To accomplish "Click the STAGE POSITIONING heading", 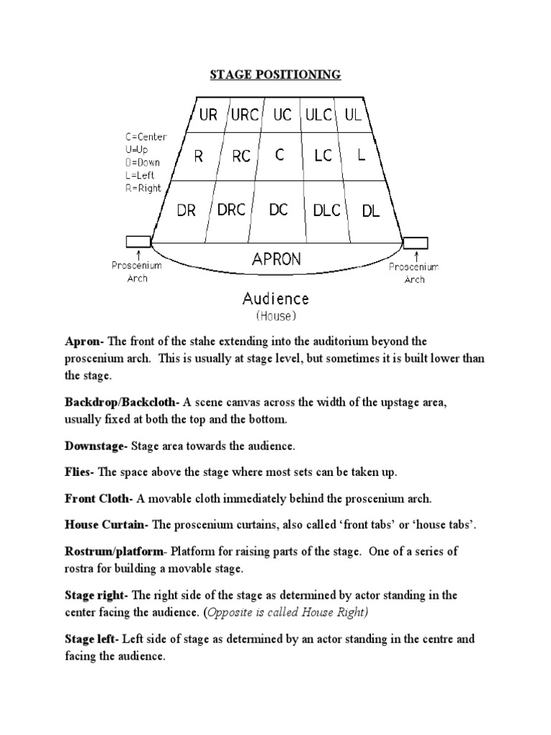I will [x=275, y=75].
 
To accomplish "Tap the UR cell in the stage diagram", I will [x=208, y=115].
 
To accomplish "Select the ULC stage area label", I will [x=318, y=115].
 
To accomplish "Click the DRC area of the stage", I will [x=231, y=210].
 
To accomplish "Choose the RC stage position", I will [x=241, y=156].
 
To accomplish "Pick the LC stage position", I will [x=323, y=156].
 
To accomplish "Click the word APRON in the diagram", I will [x=276, y=259].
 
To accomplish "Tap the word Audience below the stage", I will [x=275, y=298].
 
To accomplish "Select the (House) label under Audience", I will [x=275, y=315].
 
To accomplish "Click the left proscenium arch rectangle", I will [x=138, y=242].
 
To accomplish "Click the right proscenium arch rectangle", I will [x=415, y=243].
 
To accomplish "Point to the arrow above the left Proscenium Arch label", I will [x=138, y=253].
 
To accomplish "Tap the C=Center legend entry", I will [x=146, y=136].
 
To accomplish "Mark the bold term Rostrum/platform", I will [x=115, y=551].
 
